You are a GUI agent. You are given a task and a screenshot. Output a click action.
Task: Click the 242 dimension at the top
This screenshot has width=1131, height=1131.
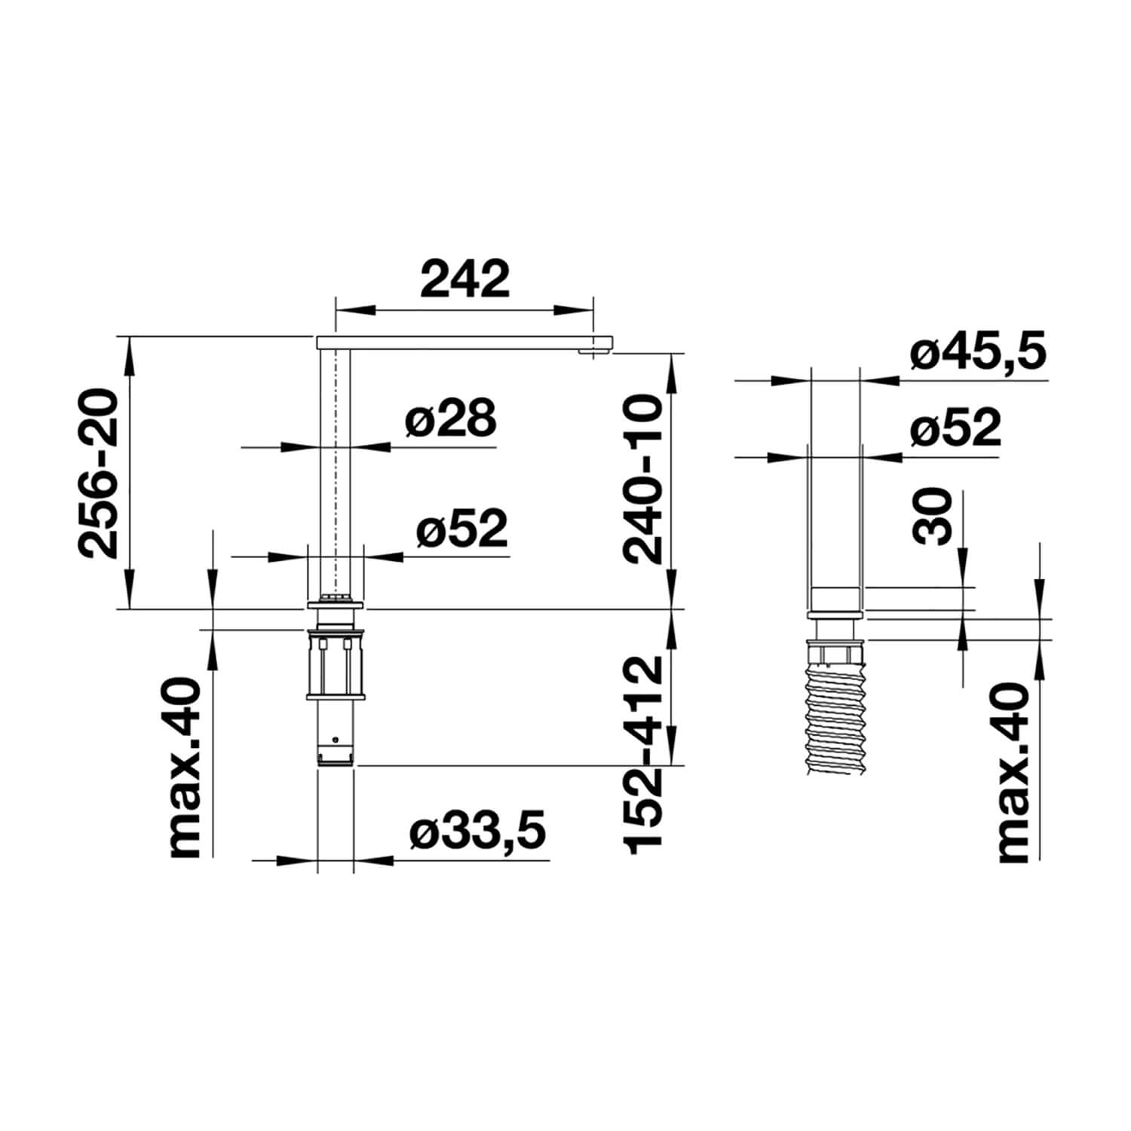click(465, 279)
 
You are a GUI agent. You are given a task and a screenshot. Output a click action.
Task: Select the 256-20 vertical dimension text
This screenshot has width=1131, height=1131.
click(100, 474)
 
